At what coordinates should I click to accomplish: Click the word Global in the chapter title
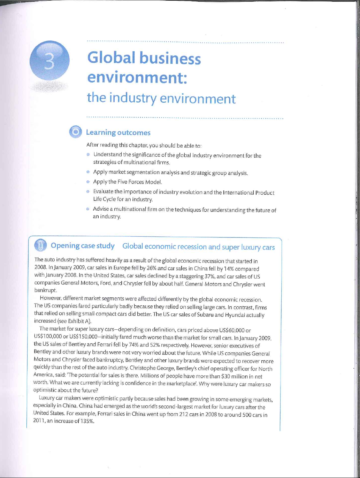click(111, 57)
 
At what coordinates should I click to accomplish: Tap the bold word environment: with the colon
click(137, 77)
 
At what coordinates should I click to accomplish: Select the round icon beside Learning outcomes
click(75, 132)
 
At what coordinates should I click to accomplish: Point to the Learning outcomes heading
click(118, 133)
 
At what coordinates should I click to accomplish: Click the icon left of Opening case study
click(40, 246)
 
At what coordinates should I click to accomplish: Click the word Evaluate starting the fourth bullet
click(103, 192)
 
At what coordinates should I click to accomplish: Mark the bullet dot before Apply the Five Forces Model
click(88, 181)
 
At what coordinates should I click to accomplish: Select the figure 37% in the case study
click(209, 277)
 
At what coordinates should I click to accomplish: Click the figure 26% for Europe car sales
click(151, 269)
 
